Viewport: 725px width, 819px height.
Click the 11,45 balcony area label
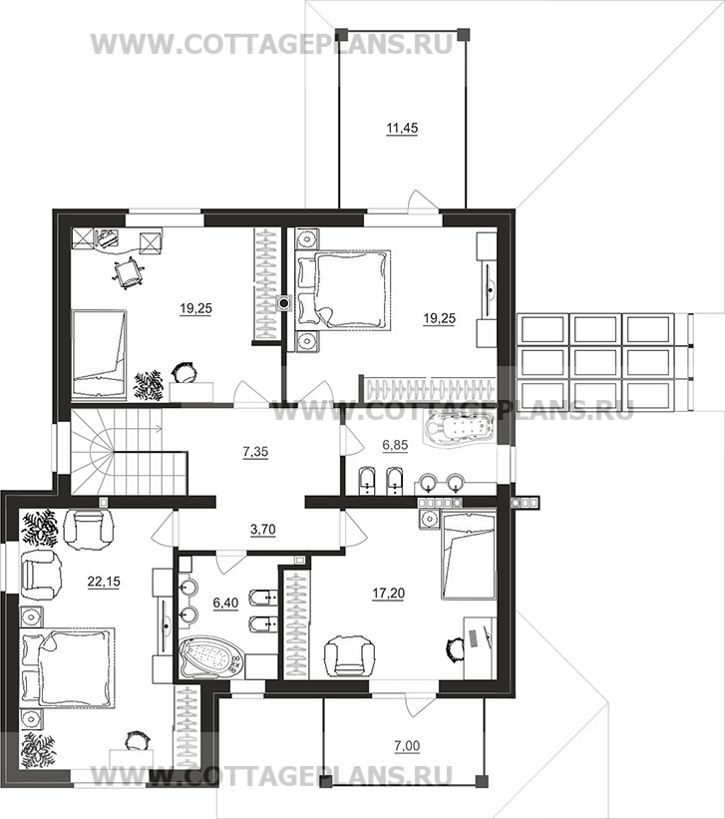pyautogui.click(x=402, y=128)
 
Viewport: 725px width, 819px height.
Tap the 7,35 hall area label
pyautogui.click(x=255, y=451)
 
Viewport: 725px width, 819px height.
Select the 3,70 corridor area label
pyautogui.click(x=262, y=530)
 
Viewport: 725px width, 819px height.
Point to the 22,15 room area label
pyautogui.click(x=104, y=581)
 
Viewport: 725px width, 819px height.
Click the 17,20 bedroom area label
pyautogui.click(x=389, y=594)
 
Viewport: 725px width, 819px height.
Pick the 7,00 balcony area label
pyautogui.click(x=407, y=746)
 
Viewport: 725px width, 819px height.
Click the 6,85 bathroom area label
pyautogui.click(x=395, y=445)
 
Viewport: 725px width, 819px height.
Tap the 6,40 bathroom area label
pyautogui.click(x=225, y=603)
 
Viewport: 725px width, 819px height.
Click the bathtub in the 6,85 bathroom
pyautogui.click(x=460, y=428)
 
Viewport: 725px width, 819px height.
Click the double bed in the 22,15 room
pyautogui.click(x=67, y=668)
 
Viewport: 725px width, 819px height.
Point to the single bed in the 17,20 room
pyautogui.click(x=468, y=555)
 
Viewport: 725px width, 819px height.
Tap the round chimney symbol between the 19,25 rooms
pyautogui.click(x=283, y=303)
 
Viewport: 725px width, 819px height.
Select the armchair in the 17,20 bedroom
pyautogui.click(x=349, y=655)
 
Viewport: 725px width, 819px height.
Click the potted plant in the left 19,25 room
pyautogui.click(x=150, y=385)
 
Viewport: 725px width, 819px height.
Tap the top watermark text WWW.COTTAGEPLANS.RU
pyautogui.click(x=271, y=44)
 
